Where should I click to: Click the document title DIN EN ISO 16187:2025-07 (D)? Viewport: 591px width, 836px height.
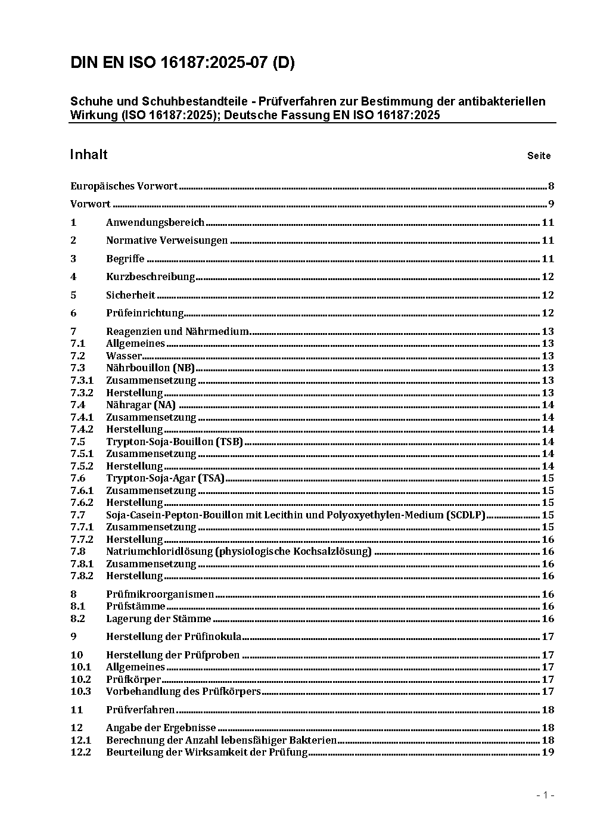[182, 63]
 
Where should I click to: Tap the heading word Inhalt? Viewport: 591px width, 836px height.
[89, 155]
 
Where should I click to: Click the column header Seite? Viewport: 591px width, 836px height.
[539, 156]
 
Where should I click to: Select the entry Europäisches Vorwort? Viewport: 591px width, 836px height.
[124, 186]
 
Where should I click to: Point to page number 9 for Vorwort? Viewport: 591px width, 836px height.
[551, 204]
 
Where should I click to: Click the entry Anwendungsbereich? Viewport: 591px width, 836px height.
[155, 222]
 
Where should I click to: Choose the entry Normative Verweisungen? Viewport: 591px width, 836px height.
[167, 241]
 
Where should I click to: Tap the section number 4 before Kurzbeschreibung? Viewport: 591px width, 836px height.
[73, 276]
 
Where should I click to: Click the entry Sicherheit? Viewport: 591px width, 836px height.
[130, 295]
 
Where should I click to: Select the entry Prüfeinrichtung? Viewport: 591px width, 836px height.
[145, 313]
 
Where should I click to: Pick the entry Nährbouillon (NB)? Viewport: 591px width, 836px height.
[150, 368]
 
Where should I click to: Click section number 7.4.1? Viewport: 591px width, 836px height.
[82, 417]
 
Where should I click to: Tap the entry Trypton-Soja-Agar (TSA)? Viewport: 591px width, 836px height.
[165, 478]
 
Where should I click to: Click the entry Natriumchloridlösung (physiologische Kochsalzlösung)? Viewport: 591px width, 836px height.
[238, 551]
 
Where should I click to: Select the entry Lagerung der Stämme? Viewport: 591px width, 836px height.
[158, 619]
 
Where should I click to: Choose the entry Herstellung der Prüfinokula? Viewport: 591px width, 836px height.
[173, 636]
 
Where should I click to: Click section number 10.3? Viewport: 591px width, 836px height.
[80, 691]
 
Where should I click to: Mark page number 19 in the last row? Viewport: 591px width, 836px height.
[548, 752]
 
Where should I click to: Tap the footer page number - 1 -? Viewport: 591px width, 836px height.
[545, 795]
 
